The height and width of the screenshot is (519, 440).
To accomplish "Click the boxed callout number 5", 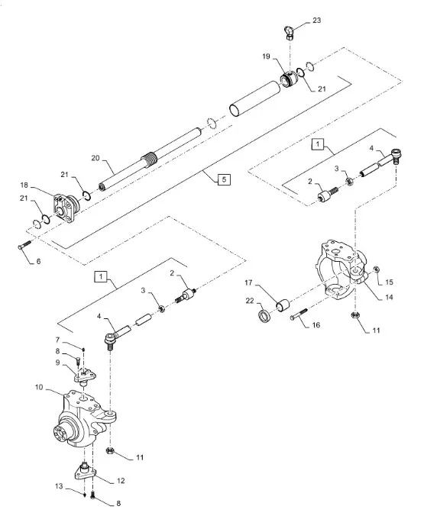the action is pos(224,179).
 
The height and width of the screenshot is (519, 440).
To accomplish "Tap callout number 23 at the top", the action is pos(317,20).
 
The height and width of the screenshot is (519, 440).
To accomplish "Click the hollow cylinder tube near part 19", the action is pos(255,99).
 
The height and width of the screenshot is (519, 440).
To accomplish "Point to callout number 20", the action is pos(95,158).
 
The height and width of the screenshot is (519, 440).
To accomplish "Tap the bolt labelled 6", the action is pos(24,245).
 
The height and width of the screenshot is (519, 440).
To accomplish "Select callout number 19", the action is pos(266,56).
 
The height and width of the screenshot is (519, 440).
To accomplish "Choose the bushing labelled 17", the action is pos(283,305).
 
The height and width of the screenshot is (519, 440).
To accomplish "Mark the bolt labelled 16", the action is pos(299,314).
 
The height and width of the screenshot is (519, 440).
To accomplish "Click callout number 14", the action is pos(389,297).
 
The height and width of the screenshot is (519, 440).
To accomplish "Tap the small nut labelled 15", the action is pos(377,269).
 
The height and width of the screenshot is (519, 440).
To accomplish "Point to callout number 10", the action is pos(39,387).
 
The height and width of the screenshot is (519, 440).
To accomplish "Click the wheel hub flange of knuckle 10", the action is pos(62,433).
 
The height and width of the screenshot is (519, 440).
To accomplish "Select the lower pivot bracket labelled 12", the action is pos(85,472).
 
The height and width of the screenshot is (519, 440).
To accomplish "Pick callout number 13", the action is pos(59,486).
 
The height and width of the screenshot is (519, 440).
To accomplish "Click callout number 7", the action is pos(57,340).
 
